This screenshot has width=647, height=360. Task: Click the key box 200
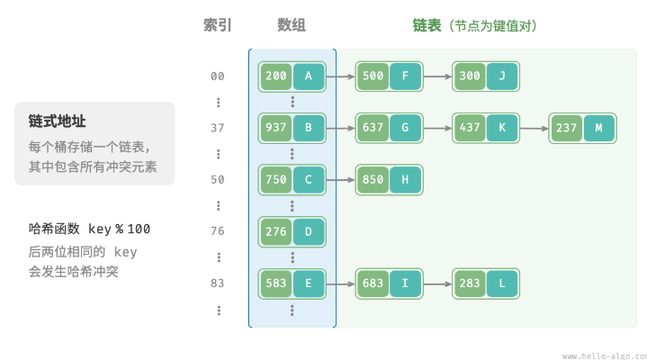click(276, 76)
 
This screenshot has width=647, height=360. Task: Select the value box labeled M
click(598, 129)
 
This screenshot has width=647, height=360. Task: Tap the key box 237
click(567, 129)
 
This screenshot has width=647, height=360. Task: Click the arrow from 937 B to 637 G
click(340, 129)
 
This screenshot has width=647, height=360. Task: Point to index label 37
click(218, 128)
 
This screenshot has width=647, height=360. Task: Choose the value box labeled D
click(309, 232)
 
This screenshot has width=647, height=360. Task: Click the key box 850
click(373, 180)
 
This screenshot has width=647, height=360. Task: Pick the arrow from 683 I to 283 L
click(437, 284)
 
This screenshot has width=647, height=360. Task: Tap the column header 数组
click(292, 25)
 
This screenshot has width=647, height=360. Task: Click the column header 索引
click(218, 25)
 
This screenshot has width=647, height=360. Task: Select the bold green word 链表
click(427, 25)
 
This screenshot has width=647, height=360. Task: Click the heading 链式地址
click(57, 121)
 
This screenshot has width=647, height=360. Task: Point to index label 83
click(218, 283)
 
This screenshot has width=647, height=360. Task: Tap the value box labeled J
click(502, 76)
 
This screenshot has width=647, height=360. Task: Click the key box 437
click(470, 129)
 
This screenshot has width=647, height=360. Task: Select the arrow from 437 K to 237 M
click(534, 129)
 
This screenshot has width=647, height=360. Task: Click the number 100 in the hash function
click(139, 229)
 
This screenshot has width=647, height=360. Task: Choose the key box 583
click(276, 283)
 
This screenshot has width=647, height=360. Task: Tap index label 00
click(218, 76)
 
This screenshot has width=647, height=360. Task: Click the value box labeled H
click(405, 180)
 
